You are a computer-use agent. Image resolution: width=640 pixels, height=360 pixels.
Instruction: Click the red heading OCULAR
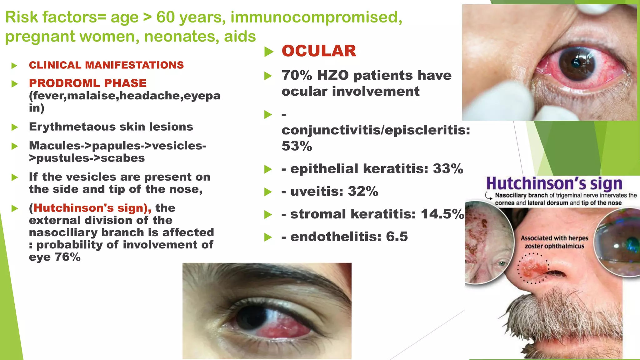click(x=319, y=51)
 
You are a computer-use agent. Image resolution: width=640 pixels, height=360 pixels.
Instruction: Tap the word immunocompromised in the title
click(x=316, y=17)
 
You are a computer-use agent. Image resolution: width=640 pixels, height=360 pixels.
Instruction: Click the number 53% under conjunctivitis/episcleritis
click(x=297, y=146)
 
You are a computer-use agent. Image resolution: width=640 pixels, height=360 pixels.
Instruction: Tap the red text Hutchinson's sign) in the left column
click(x=90, y=208)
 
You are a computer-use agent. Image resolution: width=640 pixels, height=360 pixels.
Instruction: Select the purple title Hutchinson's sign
click(x=554, y=184)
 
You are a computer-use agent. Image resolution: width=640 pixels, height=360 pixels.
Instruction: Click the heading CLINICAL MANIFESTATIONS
click(x=106, y=65)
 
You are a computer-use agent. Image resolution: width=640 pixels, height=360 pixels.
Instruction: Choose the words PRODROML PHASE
click(x=88, y=83)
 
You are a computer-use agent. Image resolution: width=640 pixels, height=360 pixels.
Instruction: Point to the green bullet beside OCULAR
click(x=268, y=52)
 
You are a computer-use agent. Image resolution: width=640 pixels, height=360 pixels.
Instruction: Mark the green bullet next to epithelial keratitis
click(x=268, y=169)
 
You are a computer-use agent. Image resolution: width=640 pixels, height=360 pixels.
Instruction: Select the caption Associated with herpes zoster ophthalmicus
click(x=554, y=242)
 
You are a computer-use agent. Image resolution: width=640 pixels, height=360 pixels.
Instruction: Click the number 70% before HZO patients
click(x=297, y=75)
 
